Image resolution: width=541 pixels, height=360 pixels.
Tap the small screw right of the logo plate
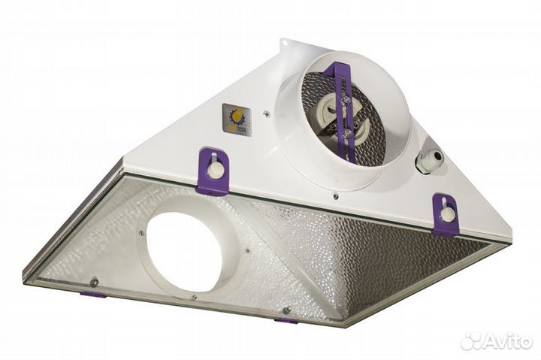click(267, 114)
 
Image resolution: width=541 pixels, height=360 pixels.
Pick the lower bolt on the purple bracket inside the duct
click(347, 133)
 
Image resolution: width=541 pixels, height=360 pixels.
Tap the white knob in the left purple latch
click(216, 170)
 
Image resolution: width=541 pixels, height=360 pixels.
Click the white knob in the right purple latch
click(448, 214)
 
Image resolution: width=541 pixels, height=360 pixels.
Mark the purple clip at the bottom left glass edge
click(94, 295)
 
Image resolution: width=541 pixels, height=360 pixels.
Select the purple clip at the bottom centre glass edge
click(286, 321)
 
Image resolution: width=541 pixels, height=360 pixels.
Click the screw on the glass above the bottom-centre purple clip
click(286, 308)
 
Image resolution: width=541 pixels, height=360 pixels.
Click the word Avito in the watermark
click(506, 342)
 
